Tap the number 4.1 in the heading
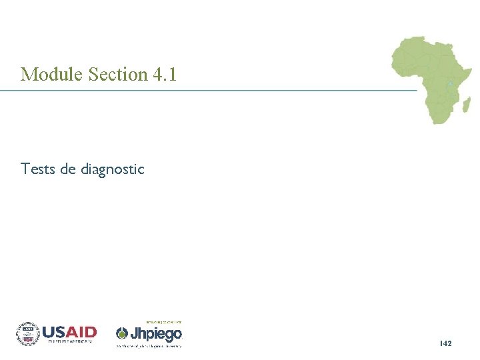[165, 74]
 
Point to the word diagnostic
[112, 169]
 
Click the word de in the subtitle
[68, 169]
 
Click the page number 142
[446, 343]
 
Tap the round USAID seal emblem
[28, 333]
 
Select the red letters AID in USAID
[82, 331]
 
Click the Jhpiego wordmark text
[156, 333]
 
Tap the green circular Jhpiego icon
[122, 333]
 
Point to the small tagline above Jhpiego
[163, 322]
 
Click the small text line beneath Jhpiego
[149, 345]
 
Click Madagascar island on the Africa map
[466, 105]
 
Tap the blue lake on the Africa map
[451, 83]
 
